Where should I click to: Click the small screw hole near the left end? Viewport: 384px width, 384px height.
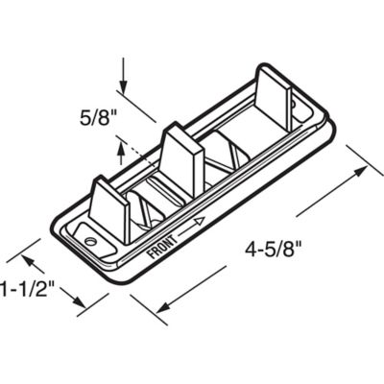point(90,233)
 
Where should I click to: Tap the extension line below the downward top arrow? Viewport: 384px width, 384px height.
point(140,108)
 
